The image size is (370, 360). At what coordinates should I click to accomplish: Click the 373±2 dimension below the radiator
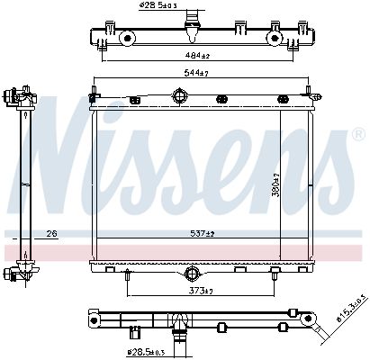(x=199, y=290)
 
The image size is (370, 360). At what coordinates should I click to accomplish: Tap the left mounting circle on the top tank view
(x=128, y=38)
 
